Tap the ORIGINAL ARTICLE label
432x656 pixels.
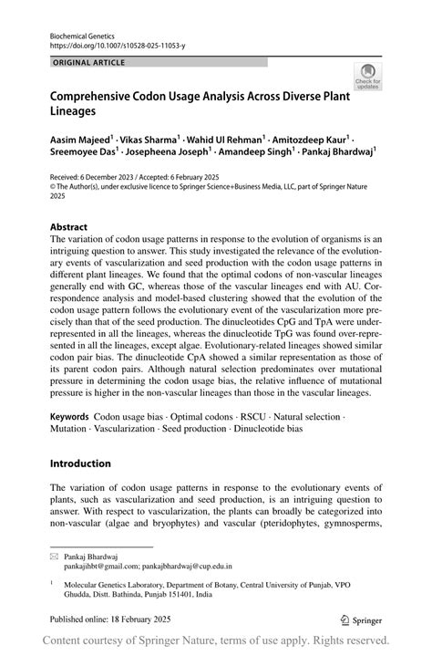click(89, 62)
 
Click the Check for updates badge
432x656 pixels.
click(368, 77)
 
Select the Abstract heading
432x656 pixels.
click(69, 227)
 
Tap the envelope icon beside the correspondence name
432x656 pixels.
click(55, 556)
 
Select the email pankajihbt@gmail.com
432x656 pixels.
click(97, 566)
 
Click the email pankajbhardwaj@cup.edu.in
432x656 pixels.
click(186, 566)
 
